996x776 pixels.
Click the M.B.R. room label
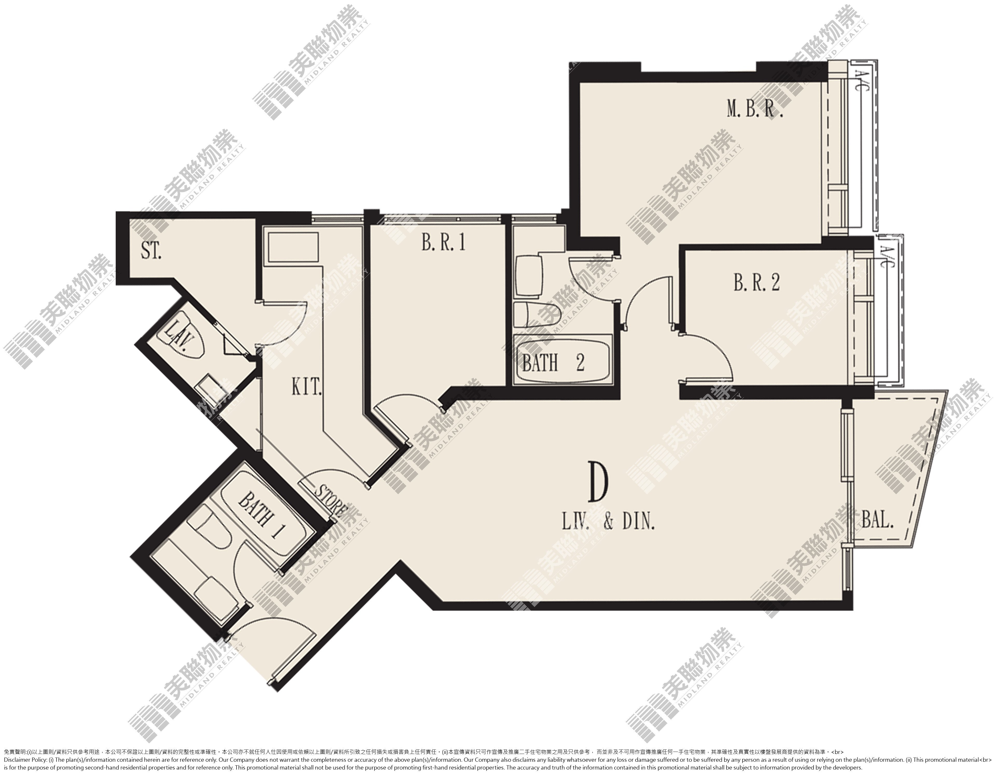click(755, 110)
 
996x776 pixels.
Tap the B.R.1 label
click(444, 242)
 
